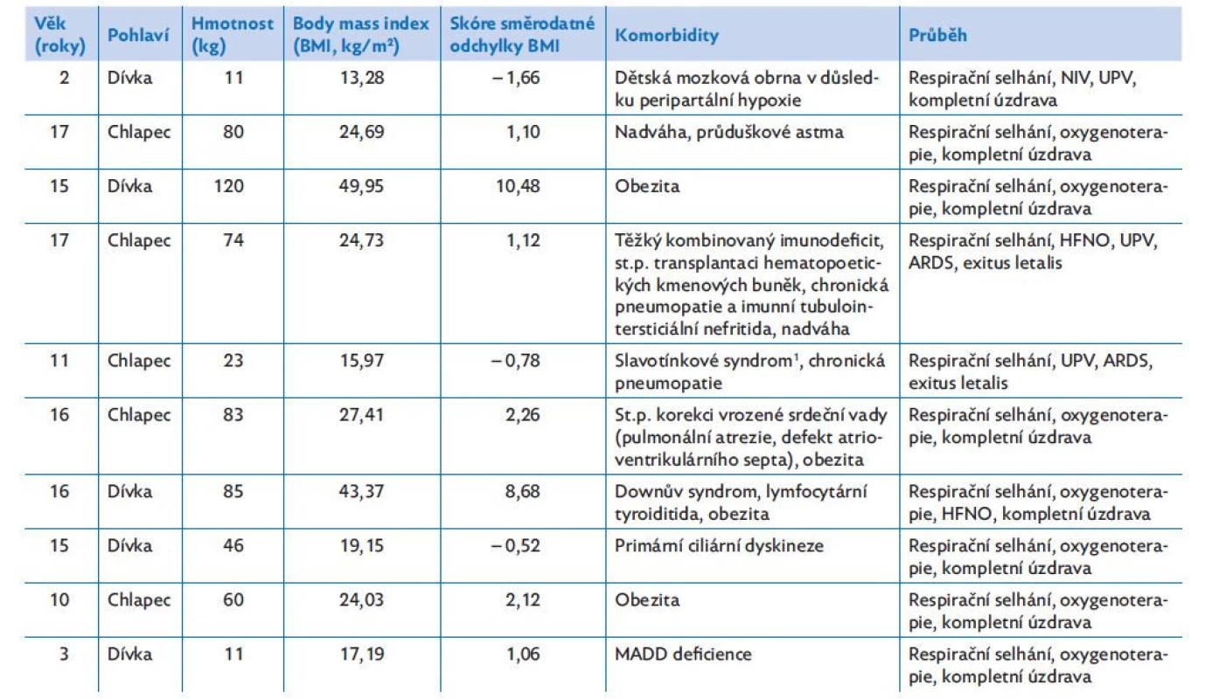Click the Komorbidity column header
(x=666, y=35)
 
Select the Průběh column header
(x=937, y=35)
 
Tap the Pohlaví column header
(x=138, y=35)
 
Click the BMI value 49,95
(x=361, y=186)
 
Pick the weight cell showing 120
(x=228, y=186)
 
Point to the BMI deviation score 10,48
(x=518, y=186)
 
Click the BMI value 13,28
(x=362, y=78)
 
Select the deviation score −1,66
(x=515, y=78)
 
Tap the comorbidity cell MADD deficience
(x=683, y=654)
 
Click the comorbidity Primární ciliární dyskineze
(x=719, y=546)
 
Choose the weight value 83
(x=233, y=415)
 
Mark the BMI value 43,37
(x=361, y=492)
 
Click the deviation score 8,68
(x=522, y=492)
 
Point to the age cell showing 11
(x=59, y=361)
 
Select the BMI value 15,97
(x=362, y=361)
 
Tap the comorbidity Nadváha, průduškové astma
(x=729, y=132)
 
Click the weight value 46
(x=233, y=546)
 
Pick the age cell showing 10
(x=59, y=600)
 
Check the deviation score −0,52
(x=515, y=546)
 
